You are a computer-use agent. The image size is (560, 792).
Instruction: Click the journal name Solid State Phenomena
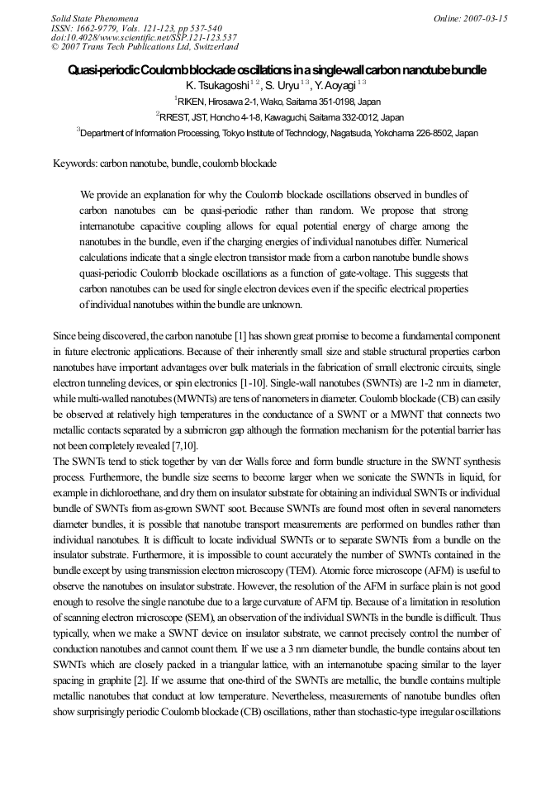(x=94, y=17)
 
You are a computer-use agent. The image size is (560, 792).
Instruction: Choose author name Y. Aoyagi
(x=335, y=85)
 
